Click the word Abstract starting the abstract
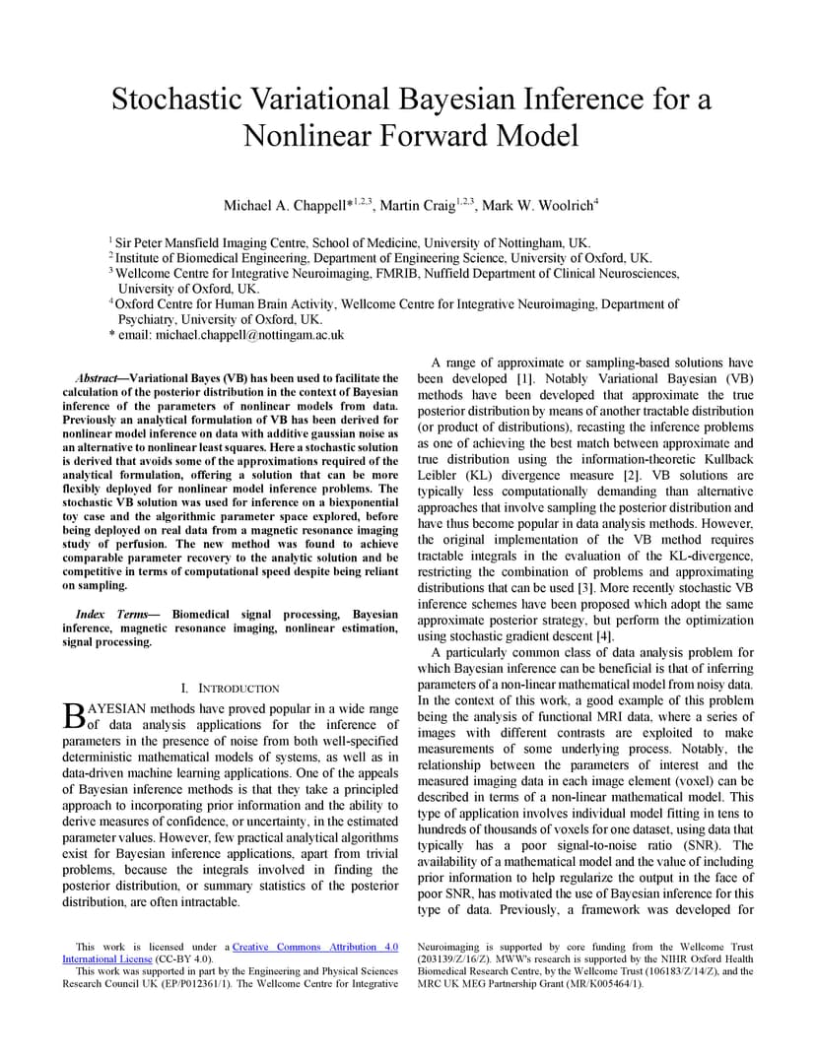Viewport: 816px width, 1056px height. (x=98, y=378)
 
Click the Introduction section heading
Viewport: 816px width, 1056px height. (x=238, y=689)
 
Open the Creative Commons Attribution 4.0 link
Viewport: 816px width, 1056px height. (x=315, y=947)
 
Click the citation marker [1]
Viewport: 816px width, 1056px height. (x=525, y=379)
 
